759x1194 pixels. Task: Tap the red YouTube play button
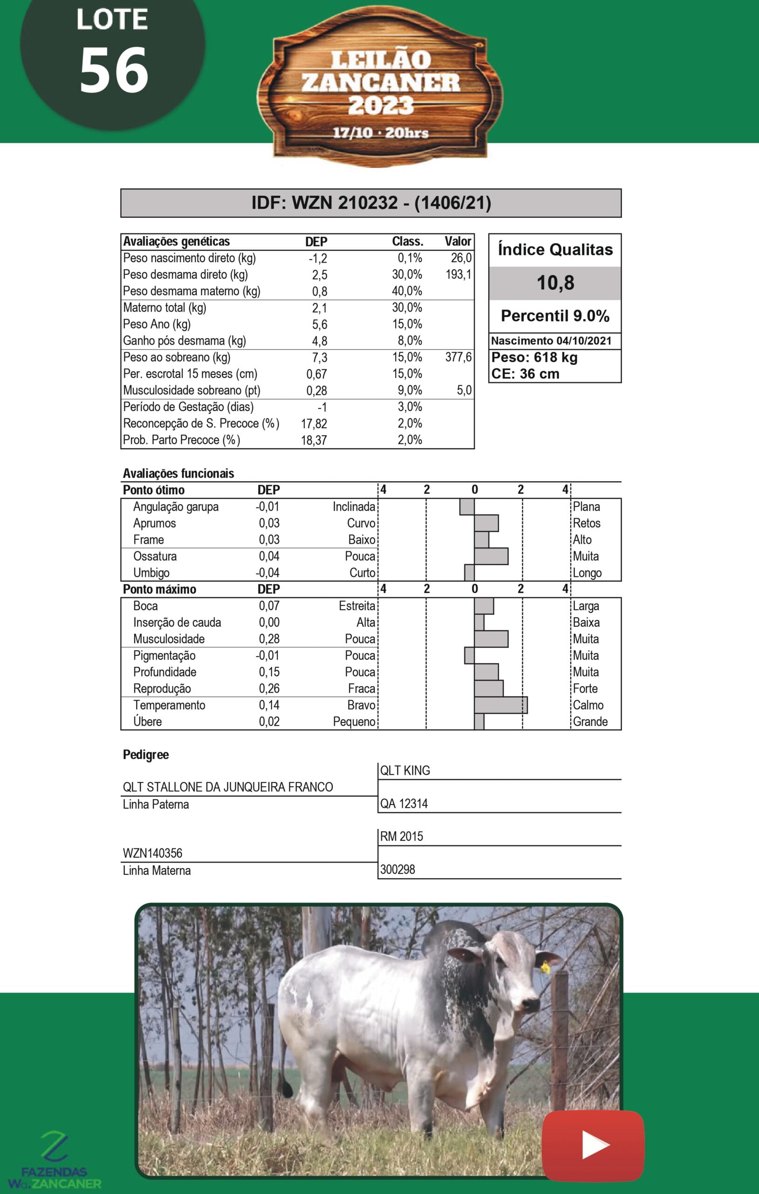coord(593,1145)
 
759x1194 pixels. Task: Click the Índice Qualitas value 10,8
coord(555,283)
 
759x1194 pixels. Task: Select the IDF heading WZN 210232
coord(371,203)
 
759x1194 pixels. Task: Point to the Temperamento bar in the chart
coord(500,705)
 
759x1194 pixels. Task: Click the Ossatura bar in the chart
coord(491,556)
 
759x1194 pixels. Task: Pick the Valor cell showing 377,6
coord(458,357)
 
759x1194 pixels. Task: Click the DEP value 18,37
coord(314,440)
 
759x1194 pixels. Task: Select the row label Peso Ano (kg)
coord(157,324)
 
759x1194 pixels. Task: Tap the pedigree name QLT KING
coord(405,771)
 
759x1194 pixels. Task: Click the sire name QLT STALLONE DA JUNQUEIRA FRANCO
coord(228,787)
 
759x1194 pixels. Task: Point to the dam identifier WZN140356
coord(153,854)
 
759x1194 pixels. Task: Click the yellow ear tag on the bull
coord(545,967)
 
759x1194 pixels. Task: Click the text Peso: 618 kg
coord(534,358)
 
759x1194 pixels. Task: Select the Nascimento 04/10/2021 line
coord(551,340)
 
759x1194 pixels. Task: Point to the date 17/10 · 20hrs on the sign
coord(381,133)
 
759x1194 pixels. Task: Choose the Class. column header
coord(407,242)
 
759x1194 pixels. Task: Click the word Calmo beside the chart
coord(588,705)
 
